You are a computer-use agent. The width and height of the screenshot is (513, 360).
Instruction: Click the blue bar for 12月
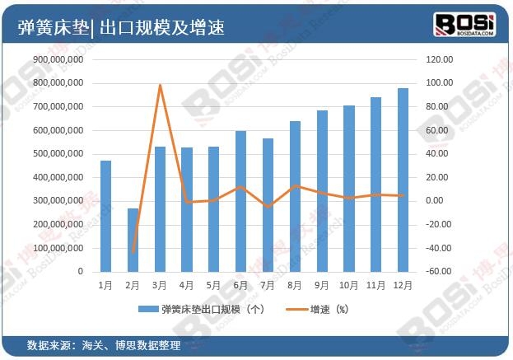[x=403, y=180]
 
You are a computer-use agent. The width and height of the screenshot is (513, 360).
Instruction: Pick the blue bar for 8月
[x=295, y=196]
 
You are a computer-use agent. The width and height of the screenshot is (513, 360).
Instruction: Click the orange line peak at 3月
[x=160, y=85]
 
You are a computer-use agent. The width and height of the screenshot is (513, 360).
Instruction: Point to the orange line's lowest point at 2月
[x=133, y=251]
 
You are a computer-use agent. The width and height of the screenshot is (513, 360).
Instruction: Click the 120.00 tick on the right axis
[x=440, y=60]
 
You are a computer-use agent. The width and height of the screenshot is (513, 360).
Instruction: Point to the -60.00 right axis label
[x=440, y=271]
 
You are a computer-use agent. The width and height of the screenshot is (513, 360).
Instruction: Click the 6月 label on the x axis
[x=240, y=286]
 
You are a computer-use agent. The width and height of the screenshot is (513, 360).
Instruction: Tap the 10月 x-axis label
[x=348, y=286]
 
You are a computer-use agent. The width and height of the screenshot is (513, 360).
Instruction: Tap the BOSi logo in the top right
[x=464, y=24]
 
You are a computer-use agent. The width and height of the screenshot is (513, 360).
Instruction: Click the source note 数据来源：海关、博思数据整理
[x=103, y=344]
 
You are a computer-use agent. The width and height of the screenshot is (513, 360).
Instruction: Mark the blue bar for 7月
[x=268, y=205]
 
